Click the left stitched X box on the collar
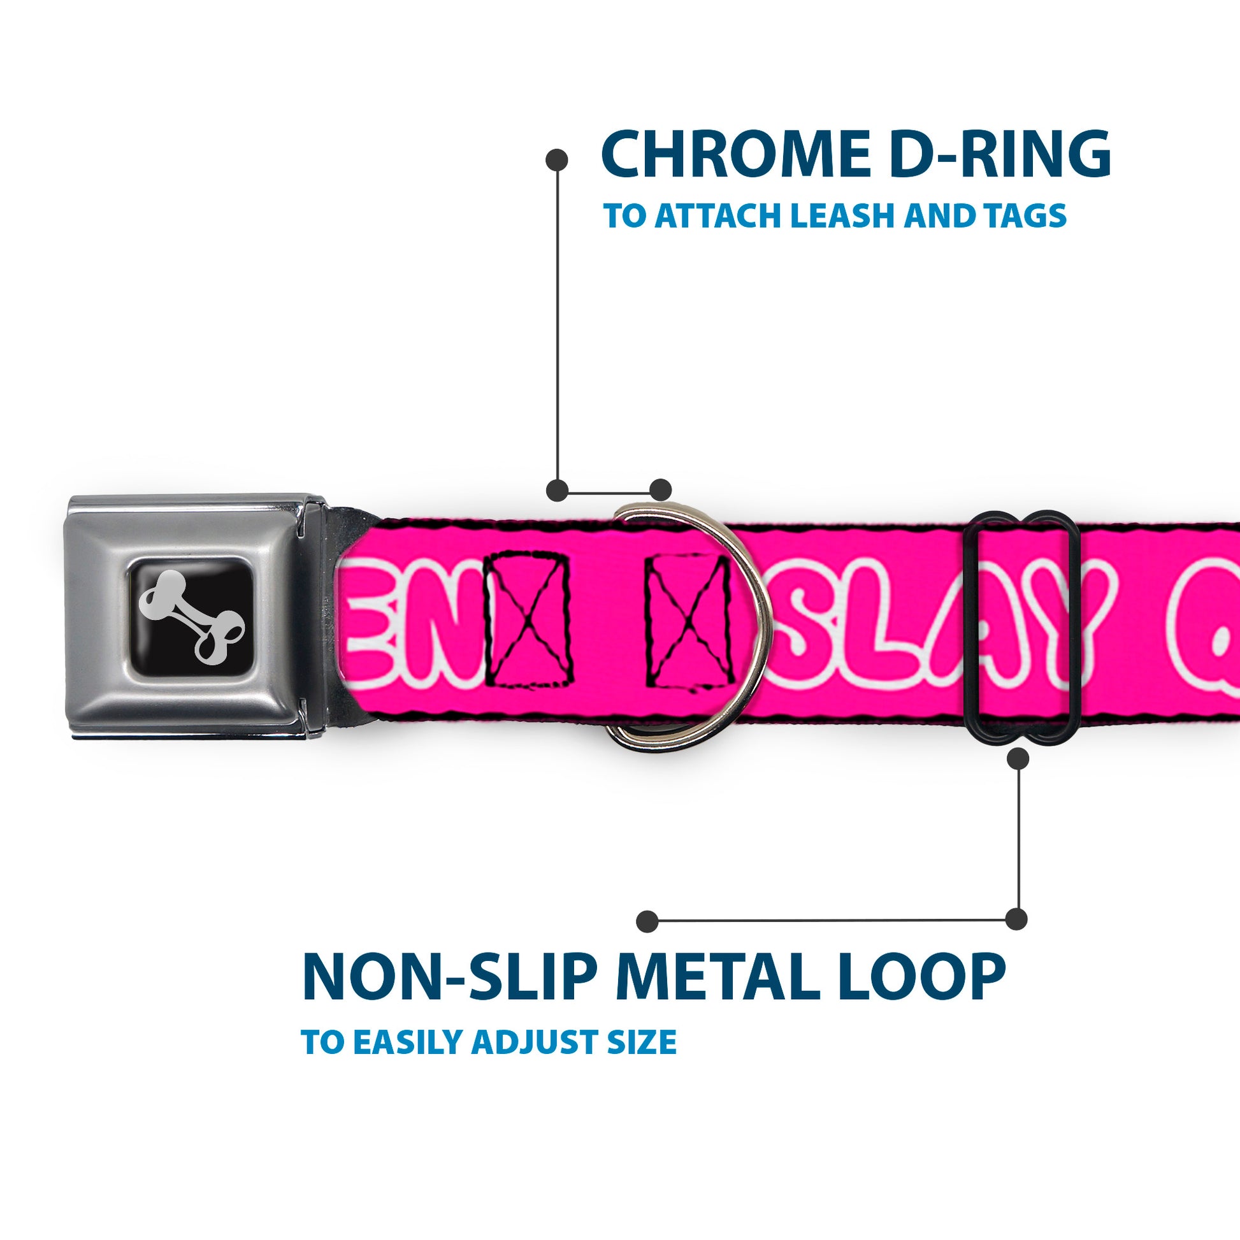click(x=528, y=619)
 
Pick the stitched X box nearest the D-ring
click(x=688, y=619)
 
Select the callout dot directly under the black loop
click(x=1018, y=759)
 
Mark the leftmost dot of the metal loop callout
click(x=647, y=921)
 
